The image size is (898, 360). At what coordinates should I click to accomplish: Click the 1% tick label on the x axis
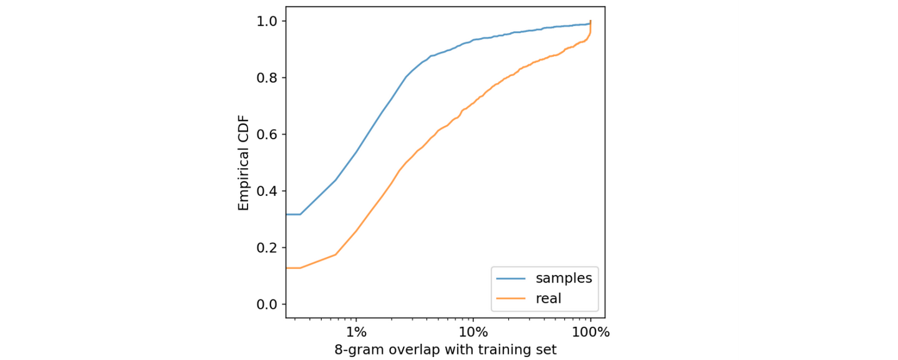(x=355, y=331)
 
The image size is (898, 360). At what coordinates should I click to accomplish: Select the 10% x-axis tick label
(x=473, y=331)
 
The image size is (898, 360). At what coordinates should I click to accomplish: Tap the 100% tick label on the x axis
(x=590, y=331)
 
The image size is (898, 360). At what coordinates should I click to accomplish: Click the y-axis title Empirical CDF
(x=244, y=162)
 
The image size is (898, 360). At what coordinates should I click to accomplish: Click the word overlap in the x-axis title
(x=412, y=349)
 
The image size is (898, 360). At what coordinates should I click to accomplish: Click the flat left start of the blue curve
(x=293, y=215)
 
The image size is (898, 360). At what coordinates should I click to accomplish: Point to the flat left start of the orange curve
(x=293, y=268)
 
